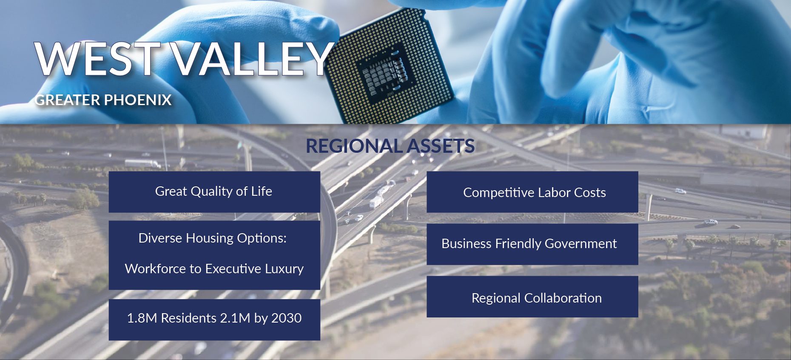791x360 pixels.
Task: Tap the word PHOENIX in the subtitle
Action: (137, 100)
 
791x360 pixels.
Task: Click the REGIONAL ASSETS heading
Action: (390, 146)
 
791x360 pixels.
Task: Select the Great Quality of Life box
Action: (214, 192)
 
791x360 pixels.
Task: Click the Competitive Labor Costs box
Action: (532, 192)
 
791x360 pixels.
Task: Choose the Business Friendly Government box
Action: (532, 244)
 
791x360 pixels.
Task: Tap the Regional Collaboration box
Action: (532, 297)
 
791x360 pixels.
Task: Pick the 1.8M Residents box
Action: (214, 320)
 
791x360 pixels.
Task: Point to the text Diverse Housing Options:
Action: (213, 238)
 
